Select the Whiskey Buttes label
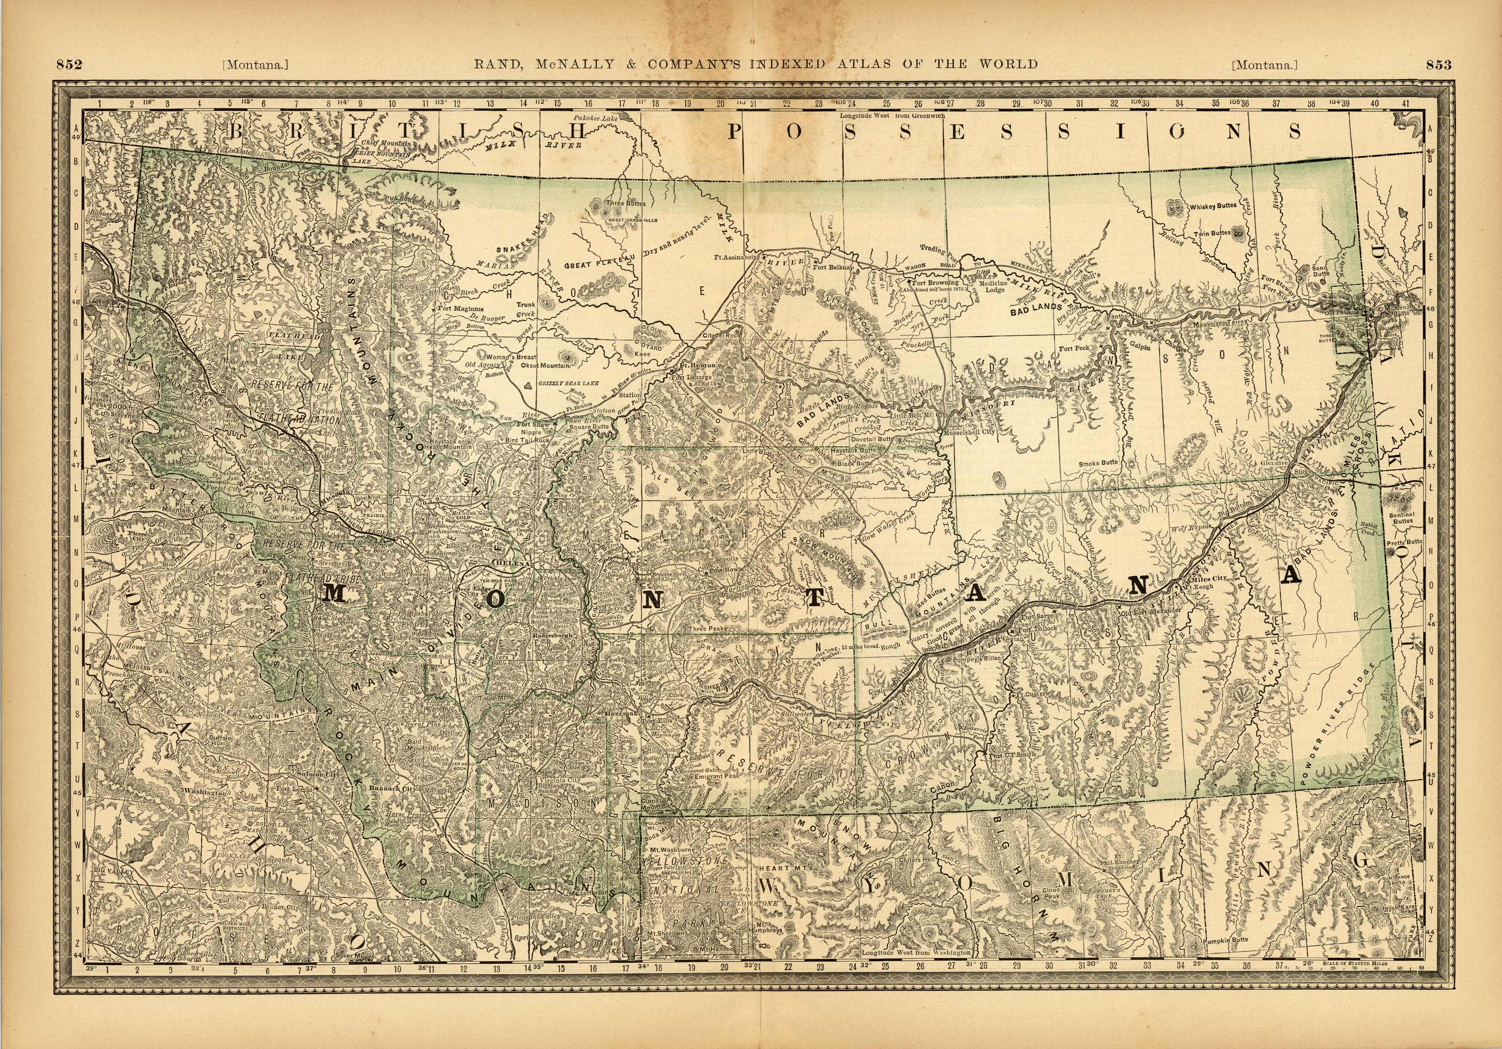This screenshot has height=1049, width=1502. tap(1213, 206)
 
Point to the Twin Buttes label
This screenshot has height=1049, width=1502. tap(1211, 233)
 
